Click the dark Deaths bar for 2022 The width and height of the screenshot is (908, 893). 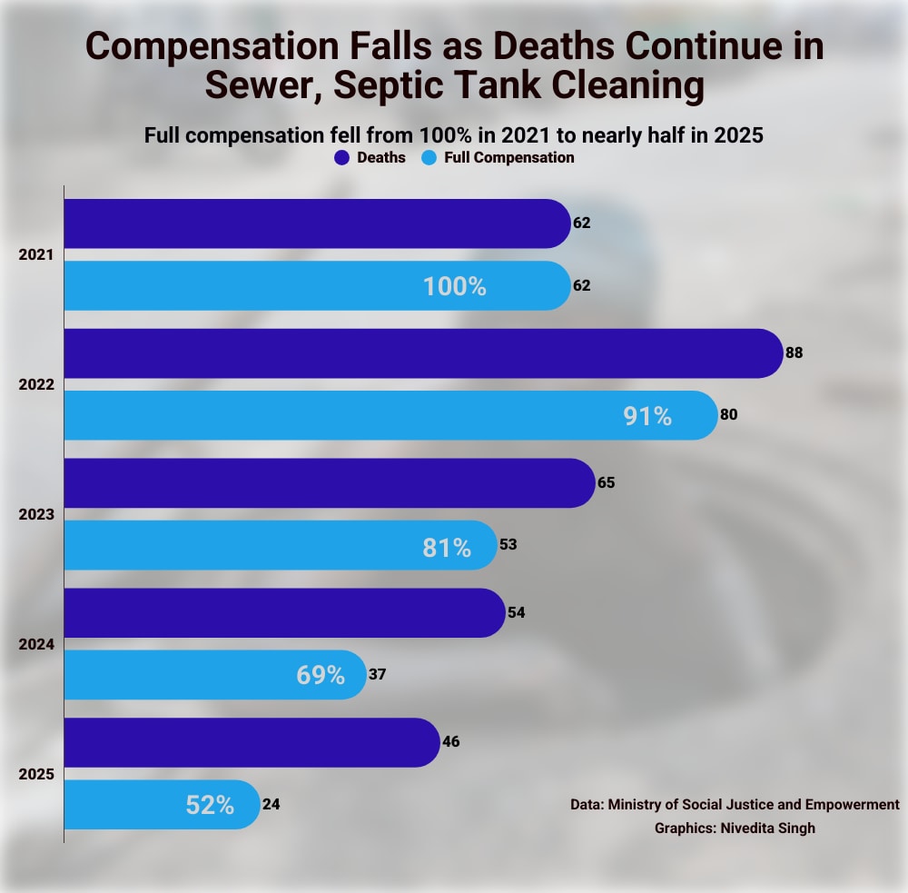[x=418, y=352]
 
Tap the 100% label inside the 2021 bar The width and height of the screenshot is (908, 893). [x=454, y=286]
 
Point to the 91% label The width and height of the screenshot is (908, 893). [x=647, y=416]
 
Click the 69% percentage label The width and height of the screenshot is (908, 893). [x=321, y=675]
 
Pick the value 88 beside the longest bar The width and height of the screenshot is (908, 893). [x=794, y=352]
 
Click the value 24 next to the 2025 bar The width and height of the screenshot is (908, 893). [x=271, y=804]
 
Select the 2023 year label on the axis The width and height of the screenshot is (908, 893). [x=37, y=514]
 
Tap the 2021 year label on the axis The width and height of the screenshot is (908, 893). [x=37, y=255]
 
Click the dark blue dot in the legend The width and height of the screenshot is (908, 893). [x=341, y=157]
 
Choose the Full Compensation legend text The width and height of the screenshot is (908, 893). [x=509, y=157]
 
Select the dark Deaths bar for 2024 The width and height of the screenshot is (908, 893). [x=281, y=612]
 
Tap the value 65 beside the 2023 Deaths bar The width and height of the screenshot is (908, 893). [x=607, y=482]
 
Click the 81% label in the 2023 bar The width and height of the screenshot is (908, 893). [x=447, y=548]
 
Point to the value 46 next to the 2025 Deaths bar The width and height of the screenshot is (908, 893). [x=451, y=741]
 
